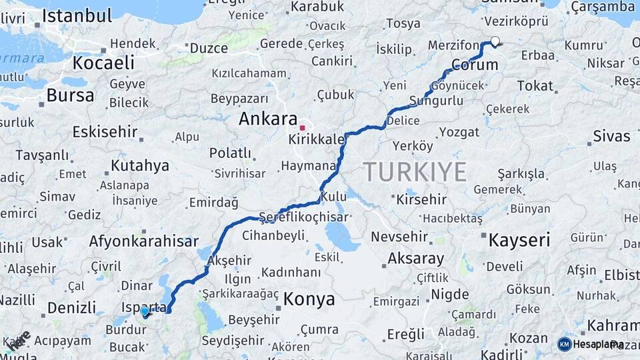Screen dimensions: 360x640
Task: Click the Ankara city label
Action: coord(268,120)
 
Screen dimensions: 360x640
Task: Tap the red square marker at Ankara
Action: coord(303,127)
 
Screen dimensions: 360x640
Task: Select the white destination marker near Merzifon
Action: coord(495,41)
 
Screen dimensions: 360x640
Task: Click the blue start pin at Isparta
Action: coord(145,311)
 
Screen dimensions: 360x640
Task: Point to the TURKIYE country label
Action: coord(415,173)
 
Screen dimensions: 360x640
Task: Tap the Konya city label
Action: coord(309,299)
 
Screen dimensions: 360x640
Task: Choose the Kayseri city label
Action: coord(519,241)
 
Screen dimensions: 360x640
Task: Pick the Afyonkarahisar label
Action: coord(144,242)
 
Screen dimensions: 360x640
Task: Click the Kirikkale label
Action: coord(317,140)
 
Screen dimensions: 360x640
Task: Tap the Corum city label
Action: coord(475,65)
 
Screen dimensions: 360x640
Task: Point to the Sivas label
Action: coord(611,137)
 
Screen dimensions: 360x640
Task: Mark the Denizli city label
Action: coord(71,308)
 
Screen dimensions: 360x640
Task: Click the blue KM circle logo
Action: coord(564,344)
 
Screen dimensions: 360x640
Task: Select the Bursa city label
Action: coord(70,95)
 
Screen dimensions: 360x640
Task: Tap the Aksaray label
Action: coord(415,258)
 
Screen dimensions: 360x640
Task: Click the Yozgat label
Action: coord(459,132)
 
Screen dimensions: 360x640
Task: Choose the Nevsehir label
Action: coord(399,237)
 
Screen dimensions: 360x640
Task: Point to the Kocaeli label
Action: coord(103,63)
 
